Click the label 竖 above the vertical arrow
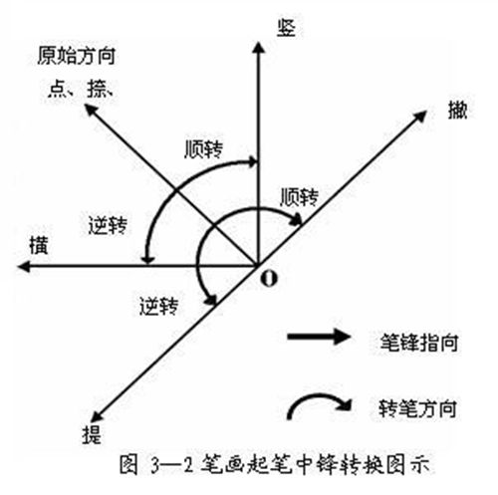coord(286,27)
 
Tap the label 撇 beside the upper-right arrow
coord(458,110)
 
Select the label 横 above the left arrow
coord(39,245)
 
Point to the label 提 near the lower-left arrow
coord(92,434)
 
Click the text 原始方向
coord(77,56)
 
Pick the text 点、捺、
coord(81,89)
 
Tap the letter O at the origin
coord(269,278)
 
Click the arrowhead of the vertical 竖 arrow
coord(258,48)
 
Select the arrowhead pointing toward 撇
coord(420,117)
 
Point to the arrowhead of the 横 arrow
coord(24,266)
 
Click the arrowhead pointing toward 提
coord(97,416)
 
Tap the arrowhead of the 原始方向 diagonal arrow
coord(91,110)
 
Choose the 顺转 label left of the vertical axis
coord(204,149)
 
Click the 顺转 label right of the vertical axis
coord(300,197)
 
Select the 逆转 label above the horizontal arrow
coord(108,226)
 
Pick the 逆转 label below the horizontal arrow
coord(159,306)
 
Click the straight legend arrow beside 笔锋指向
coord(319,337)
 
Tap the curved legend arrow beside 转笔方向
coord(316,396)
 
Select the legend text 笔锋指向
coord(419,343)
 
